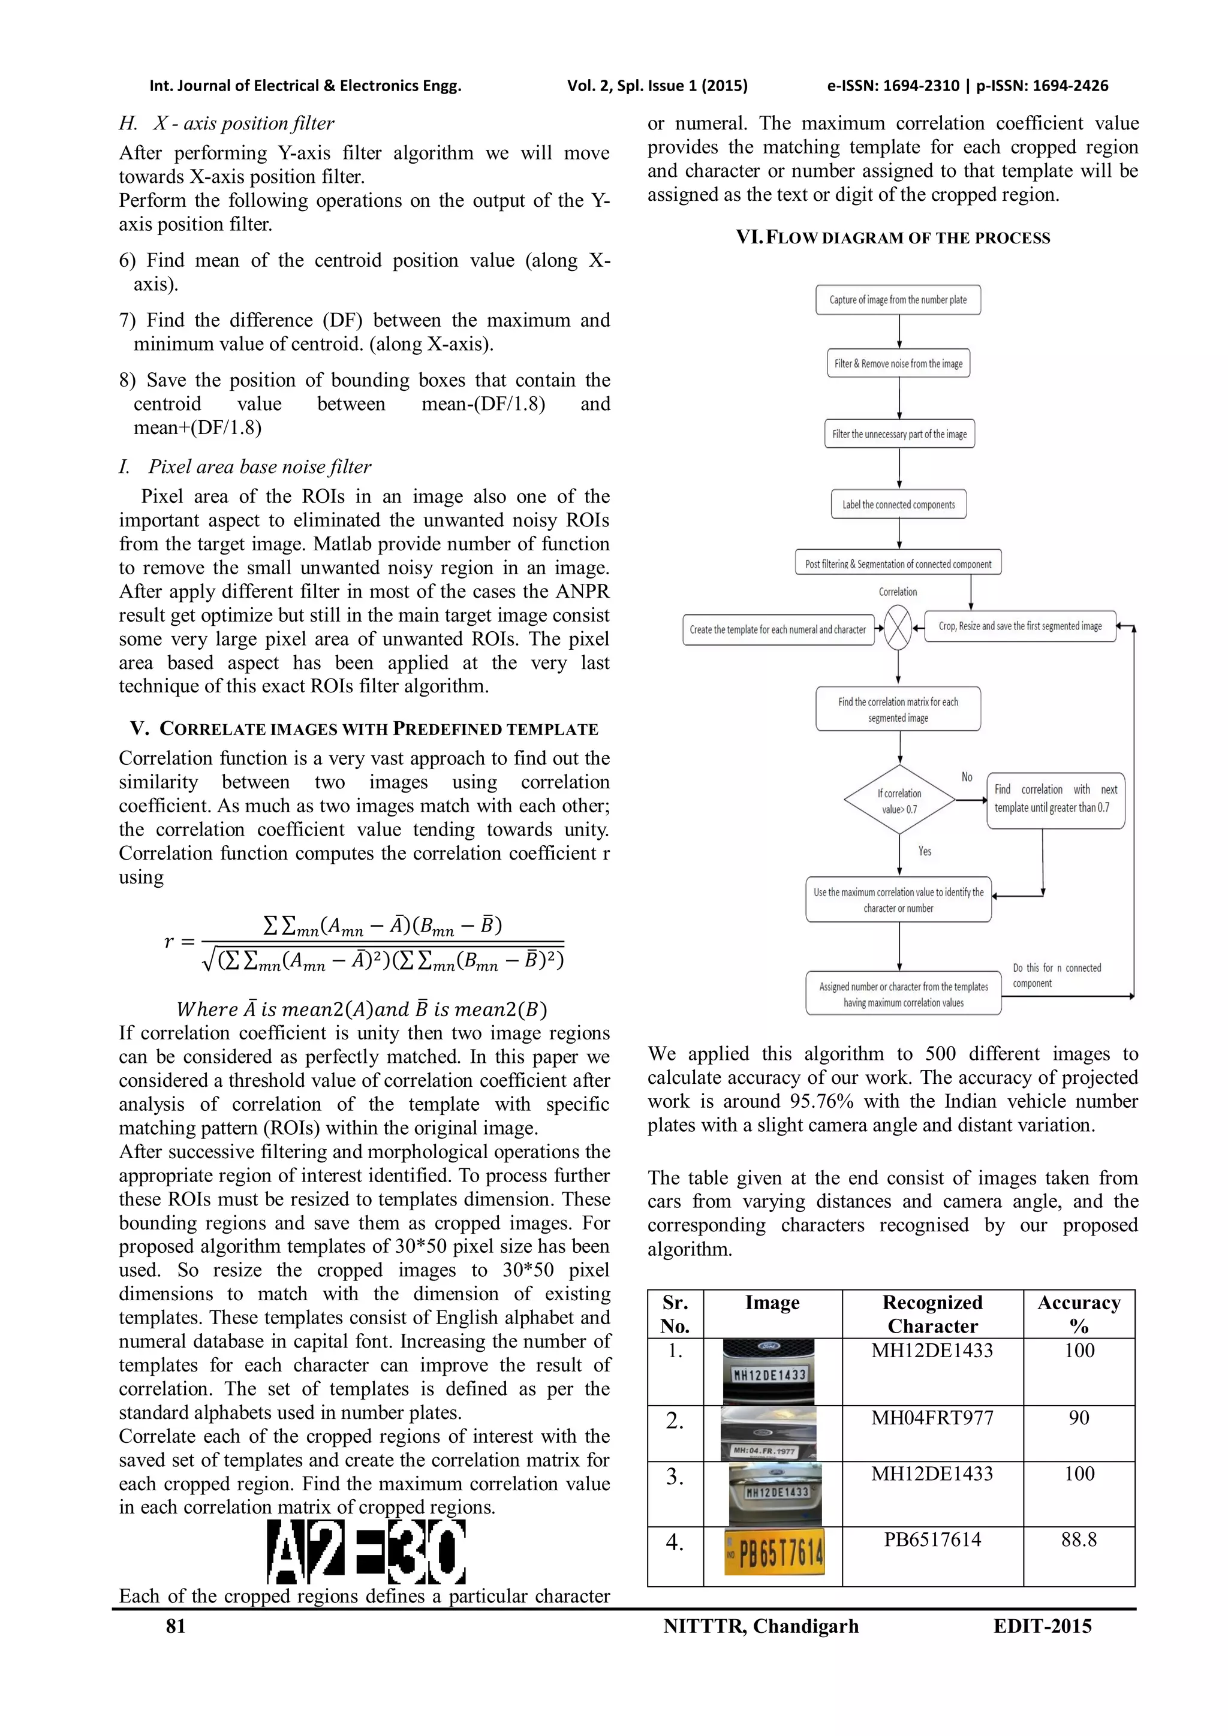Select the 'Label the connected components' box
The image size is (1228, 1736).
[898, 504]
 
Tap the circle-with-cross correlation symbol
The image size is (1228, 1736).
[898, 628]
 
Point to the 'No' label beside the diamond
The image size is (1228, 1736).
[967, 776]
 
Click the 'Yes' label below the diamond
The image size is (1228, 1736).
[925, 851]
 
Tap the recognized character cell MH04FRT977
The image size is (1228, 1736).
[932, 1418]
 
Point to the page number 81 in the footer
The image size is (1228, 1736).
[176, 1626]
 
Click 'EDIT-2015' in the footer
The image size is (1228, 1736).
[1042, 1626]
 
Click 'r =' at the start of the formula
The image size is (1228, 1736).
[179, 941]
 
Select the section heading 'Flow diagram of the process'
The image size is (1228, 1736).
[893, 237]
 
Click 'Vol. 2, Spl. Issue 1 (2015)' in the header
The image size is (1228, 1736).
[657, 86]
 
